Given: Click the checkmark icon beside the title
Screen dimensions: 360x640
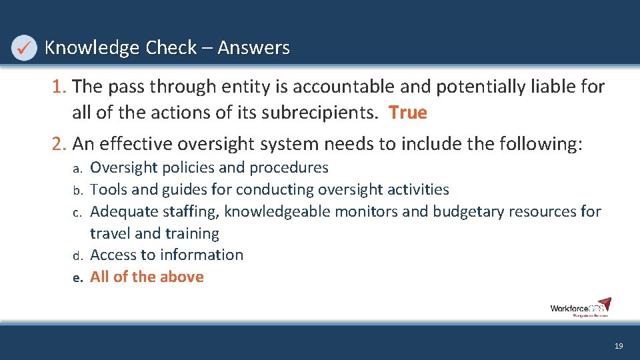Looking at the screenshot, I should (x=24, y=48).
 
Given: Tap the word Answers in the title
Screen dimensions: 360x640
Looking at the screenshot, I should (x=253, y=48).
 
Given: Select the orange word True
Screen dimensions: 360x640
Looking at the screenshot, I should (x=408, y=113).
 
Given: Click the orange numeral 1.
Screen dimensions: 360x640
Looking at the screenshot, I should (x=59, y=87).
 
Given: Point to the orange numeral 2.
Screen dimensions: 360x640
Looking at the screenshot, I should (x=59, y=143).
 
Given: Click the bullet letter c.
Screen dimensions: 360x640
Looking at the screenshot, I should (x=77, y=213).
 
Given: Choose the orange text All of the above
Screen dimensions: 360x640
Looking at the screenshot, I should (x=147, y=277).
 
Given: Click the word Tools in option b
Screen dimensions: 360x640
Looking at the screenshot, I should (x=108, y=190).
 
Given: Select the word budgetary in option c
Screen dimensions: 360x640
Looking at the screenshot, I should (x=472, y=212).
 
